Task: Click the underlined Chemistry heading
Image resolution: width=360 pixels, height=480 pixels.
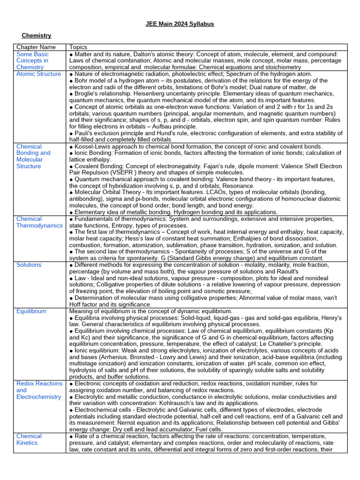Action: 37,36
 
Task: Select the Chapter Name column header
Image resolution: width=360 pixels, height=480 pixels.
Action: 36,47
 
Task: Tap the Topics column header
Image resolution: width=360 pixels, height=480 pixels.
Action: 78,47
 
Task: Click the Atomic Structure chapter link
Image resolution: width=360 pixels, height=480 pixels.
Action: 38,74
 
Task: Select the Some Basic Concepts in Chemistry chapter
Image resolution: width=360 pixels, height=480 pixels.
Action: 32,61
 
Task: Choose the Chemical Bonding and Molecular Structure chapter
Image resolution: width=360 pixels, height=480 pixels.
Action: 33,156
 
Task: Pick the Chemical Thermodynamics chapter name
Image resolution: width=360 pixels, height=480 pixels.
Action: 39,222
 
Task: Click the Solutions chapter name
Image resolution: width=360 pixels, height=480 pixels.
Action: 29,265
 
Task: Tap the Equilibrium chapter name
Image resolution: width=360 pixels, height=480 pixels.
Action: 31,311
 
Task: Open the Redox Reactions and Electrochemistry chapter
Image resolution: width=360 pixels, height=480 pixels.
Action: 39,390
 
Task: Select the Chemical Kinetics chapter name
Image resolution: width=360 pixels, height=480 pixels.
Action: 29,439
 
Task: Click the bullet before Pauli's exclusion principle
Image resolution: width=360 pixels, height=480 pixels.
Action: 71,133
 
